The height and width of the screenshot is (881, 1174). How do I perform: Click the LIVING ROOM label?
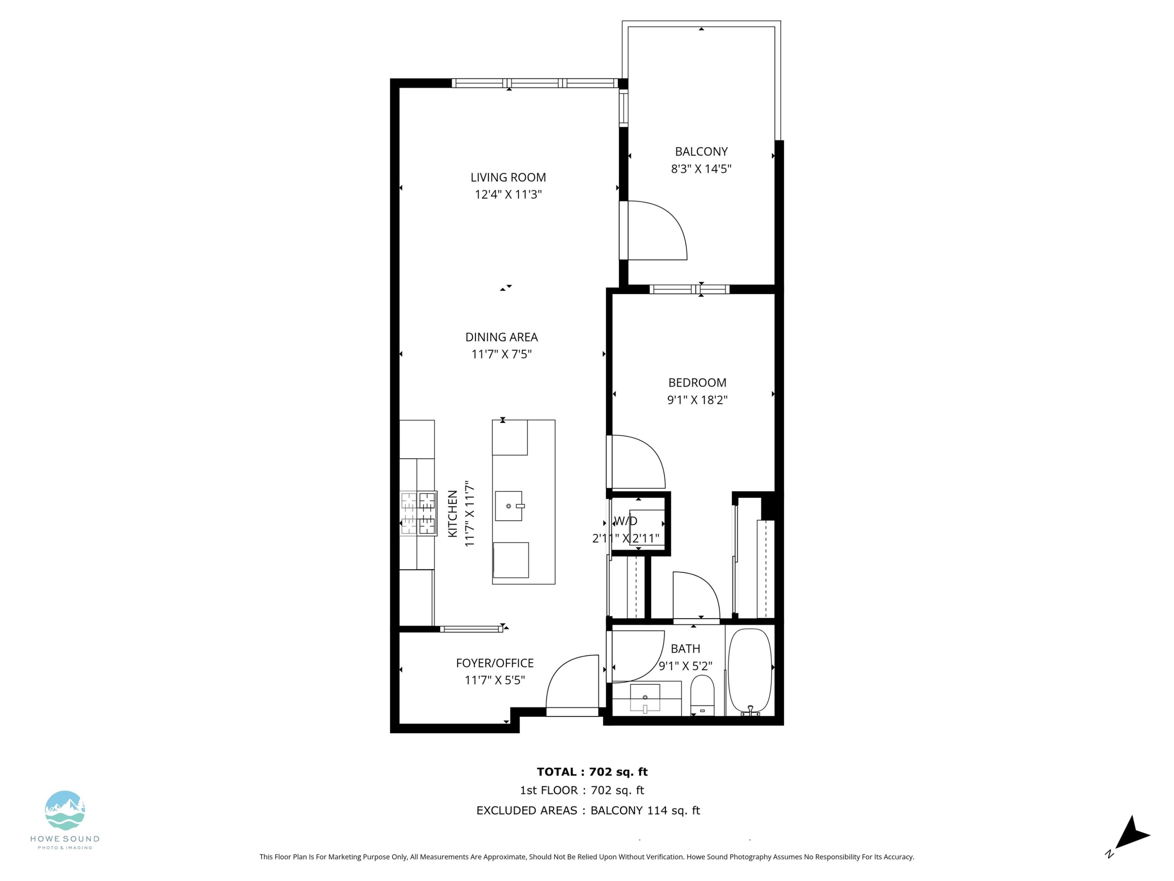[x=508, y=177]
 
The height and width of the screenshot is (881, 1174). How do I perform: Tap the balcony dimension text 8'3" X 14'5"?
[x=701, y=169]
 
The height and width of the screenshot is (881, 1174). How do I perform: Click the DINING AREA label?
[x=502, y=337]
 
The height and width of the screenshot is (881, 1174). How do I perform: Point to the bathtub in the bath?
[x=749, y=671]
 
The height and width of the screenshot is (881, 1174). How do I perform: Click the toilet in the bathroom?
[x=702, y=696]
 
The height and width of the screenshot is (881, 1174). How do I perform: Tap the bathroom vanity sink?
[x=645, y=697]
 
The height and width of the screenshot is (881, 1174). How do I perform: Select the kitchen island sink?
[x=508, y=506]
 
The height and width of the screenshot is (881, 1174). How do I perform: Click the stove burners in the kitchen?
[x=418, y=513]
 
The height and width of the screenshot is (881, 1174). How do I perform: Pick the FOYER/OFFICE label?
[x=495, y=663]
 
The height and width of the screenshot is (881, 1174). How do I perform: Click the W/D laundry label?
[x=625, y=521]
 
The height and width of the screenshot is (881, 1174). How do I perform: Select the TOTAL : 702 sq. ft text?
[x=592, y=772]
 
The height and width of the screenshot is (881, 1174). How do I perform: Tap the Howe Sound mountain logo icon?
[x=65, y=811]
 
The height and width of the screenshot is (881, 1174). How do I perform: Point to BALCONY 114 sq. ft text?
[x=645, y=811]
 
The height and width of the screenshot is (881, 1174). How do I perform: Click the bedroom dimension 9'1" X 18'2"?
[x=697, y=400]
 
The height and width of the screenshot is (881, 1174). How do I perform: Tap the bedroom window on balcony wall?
[x=690, y=289]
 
